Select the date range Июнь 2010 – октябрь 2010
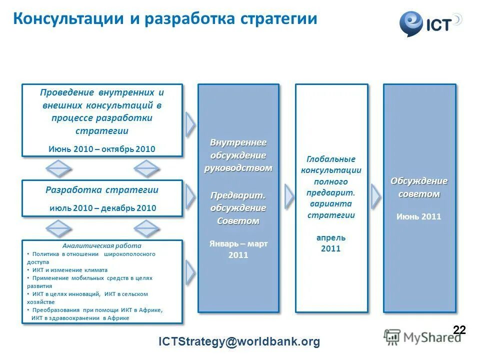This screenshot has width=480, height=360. [x=102, y=149]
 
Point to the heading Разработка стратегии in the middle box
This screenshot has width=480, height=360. [x=102, y=190]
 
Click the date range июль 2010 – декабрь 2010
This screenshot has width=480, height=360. [x=103, y=208]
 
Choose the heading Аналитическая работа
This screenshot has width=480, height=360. [x=102, y=246]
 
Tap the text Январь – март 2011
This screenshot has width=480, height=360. [x=238, y=249]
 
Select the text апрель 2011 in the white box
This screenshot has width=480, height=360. [x=331, y=243]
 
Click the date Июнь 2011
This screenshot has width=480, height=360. [x=419, y=216]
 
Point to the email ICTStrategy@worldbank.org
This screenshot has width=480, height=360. [x=239, y=342]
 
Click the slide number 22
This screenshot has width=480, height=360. [x=459, y=329]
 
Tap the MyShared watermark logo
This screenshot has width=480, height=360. [x=422, y=337]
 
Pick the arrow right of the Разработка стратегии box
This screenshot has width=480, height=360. [x=190, y=197]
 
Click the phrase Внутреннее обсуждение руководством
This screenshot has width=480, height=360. [x=238, y=155]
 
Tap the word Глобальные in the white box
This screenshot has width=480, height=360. [x=331, y=159]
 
